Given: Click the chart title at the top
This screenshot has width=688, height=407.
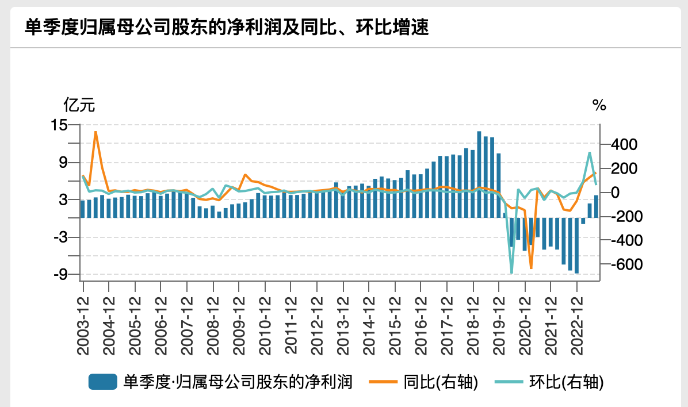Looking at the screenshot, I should [227, 27].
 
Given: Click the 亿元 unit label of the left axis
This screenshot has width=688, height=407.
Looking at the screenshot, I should [79, 105].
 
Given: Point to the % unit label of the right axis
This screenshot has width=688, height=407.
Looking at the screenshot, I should [599, 105].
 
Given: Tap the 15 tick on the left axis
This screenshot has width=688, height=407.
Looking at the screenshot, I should [59, 125].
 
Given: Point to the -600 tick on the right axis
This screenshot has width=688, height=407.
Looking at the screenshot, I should [618, 264].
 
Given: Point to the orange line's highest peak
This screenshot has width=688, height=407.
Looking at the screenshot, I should [95, 132].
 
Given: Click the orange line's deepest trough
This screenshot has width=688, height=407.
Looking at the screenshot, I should [531, 268].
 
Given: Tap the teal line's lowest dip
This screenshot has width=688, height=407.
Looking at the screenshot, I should [511, 273].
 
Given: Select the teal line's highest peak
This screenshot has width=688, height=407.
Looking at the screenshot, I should [589, 152].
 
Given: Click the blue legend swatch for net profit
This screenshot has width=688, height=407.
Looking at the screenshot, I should [103, 382].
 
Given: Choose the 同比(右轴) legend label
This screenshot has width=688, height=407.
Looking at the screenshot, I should [441, 382].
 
